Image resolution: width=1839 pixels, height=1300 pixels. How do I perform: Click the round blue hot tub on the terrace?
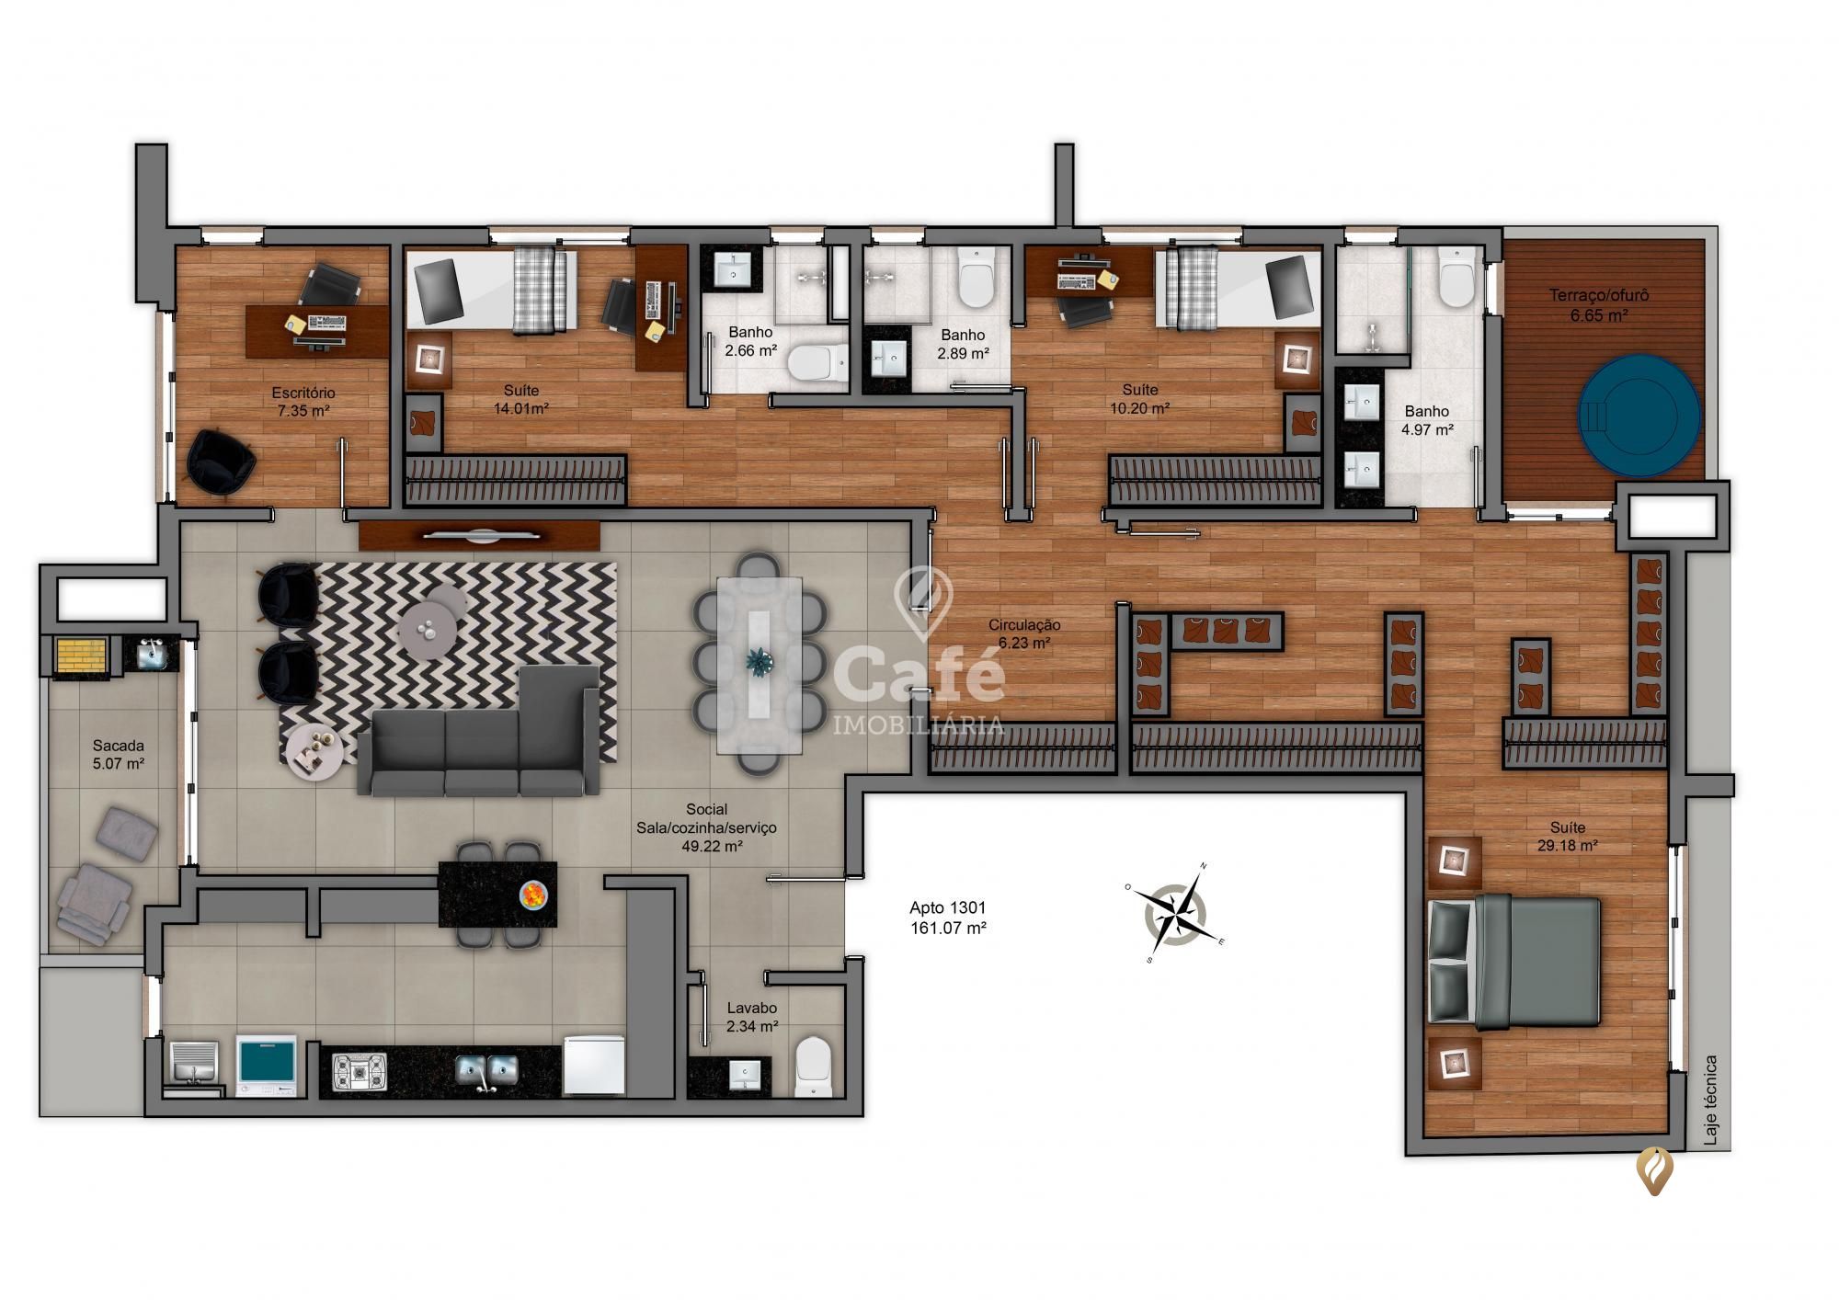pos(1638,415)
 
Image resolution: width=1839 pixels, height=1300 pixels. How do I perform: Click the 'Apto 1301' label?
pos(947,908)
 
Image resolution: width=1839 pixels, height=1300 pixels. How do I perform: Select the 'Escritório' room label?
pos(303,393)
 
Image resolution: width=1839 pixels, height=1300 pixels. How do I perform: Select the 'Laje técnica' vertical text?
pos(1709,1100)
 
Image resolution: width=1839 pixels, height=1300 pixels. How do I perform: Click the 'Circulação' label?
pos(1023,625)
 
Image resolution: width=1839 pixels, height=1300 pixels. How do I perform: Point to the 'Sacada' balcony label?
pos(119,746)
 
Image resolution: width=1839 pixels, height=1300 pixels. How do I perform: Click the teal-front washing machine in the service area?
pos(267,1065)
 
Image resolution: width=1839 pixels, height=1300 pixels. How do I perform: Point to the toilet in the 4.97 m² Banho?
pos(1456,278)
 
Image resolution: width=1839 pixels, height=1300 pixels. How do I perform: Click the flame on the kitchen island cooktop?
pos(532,894)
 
